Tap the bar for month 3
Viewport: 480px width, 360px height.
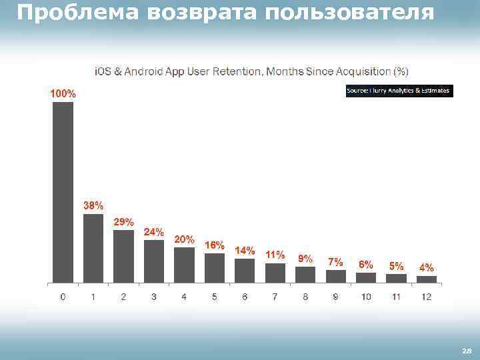(154, 261)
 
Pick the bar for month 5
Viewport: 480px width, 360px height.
(215, 268)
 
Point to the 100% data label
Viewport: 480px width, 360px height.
(63, 94)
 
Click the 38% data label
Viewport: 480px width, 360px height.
(93, 205)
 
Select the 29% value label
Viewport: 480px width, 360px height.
(123, 221)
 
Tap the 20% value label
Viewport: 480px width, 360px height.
(184, 239)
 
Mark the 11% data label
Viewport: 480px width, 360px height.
(275, 255)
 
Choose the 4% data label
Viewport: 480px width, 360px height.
(426, 267)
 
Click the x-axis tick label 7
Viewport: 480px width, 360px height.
(275, 297)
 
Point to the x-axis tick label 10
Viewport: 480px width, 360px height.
(366, 297)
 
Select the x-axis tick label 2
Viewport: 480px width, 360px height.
(123, 297)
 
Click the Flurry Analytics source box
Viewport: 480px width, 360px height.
(399, 91)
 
